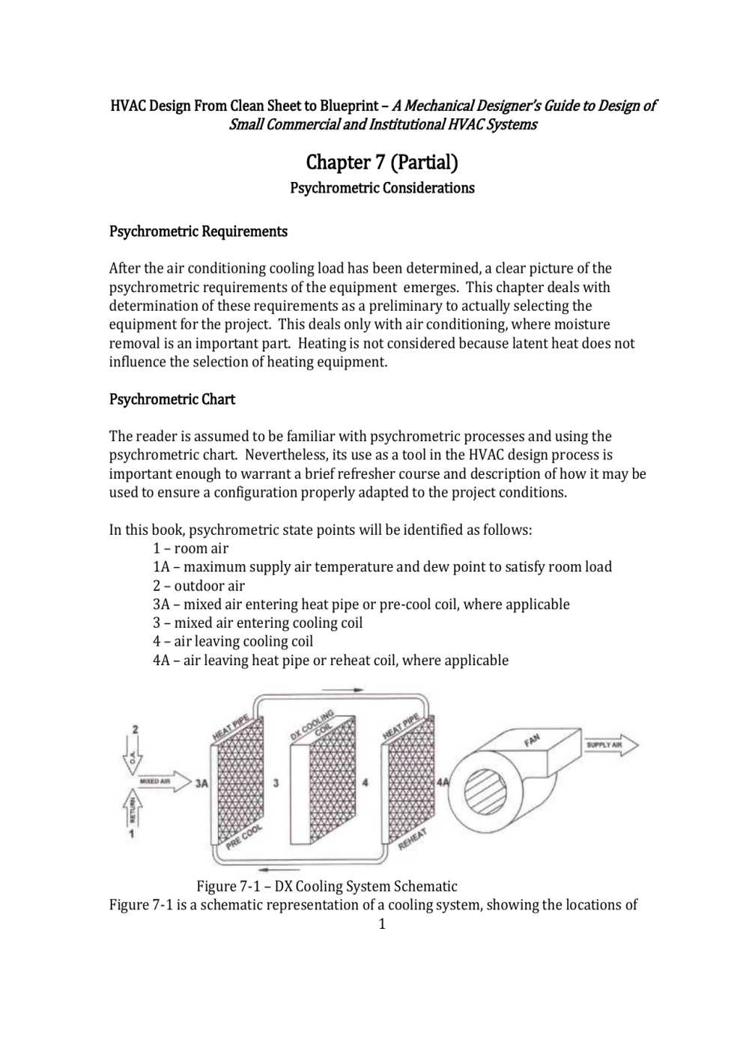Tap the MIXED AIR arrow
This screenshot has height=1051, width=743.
(161, 782)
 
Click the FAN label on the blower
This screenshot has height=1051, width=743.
(532, 741)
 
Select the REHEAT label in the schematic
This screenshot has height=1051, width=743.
(413, 839)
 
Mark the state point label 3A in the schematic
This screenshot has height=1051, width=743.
(201, 784)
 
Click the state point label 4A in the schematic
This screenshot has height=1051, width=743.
(443, 782)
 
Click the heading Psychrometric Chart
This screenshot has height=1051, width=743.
(172, 399)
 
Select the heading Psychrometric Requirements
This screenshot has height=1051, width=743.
(198, 231)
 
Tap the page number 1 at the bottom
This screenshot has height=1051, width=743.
(382, 924)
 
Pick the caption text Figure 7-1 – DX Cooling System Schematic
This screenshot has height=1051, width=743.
(327, 887)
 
